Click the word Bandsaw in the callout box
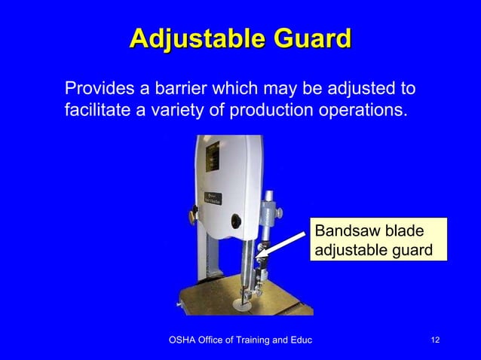[x=345, y=230]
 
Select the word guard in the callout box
[x=413, y=249]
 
